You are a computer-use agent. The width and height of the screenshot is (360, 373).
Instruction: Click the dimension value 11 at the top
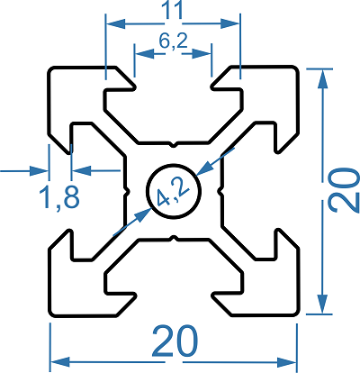coord(173,10)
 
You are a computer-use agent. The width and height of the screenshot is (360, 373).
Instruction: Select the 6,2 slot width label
coord(173,41)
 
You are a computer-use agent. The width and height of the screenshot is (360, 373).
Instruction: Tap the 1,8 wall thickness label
coord(59,197)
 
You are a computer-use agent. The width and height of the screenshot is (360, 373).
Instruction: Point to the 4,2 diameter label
coord(173,191)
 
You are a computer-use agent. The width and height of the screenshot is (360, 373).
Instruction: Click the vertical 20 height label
coord(343,190)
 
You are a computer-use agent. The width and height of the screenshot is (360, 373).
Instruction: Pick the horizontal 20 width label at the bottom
coord(175,341)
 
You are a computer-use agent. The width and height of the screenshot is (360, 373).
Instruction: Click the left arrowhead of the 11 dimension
coord(116,23)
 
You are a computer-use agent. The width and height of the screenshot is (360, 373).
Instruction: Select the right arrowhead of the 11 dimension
coord(229,23)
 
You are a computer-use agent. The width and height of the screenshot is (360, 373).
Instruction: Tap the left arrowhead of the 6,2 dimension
coord(145,54)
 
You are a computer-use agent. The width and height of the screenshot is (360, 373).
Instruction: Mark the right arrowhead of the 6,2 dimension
coord(202,54)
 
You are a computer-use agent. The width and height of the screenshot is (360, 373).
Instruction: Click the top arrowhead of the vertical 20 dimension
coord(322,78)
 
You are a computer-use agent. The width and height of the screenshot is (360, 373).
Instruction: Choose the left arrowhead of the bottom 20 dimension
coord(61,362)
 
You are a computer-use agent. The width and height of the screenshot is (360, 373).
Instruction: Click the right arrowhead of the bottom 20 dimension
coord(286,362)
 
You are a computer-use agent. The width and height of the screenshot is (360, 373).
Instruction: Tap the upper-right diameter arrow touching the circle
coord(205,168)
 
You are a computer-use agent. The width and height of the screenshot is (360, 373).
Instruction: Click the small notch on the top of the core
coord(173,145)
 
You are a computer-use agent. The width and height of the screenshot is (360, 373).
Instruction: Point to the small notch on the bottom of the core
coord(173,239)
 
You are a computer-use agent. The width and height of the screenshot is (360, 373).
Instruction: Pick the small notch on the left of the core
coord(127,191)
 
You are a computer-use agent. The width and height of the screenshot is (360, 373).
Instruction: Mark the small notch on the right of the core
coord(220,191)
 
